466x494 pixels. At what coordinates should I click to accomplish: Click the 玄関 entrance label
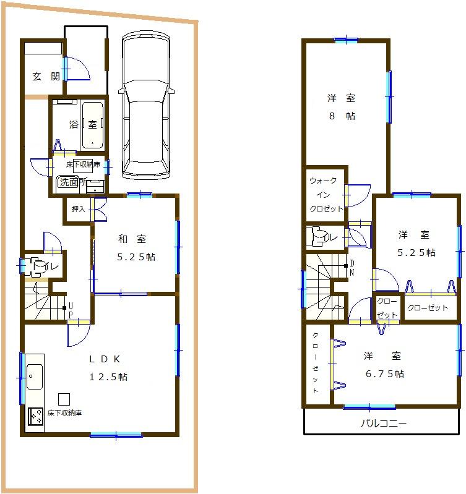46,77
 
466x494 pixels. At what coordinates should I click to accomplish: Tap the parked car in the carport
145,105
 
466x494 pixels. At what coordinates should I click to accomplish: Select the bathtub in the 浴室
92,124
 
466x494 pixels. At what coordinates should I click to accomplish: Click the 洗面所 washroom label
69,182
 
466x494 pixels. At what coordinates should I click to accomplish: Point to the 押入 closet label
79,209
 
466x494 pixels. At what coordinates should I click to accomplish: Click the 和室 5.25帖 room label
136,247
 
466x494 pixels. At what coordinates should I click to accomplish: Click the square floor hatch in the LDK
64,398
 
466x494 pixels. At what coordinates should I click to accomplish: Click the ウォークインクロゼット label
326,194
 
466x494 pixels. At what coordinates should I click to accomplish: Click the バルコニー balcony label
383,424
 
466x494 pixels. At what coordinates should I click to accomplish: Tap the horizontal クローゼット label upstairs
428,307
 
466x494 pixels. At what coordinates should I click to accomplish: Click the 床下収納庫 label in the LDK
65,412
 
